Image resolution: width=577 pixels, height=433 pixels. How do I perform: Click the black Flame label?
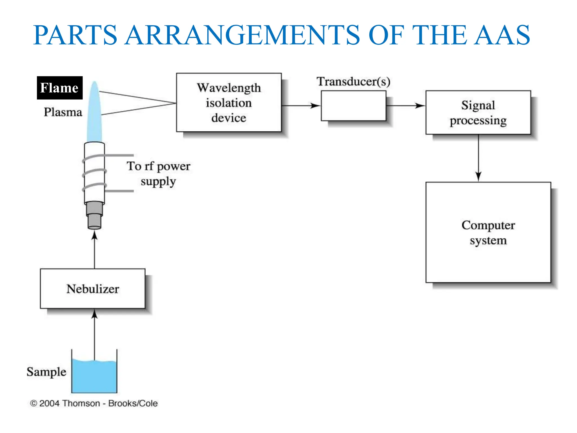click(x=59, y=88)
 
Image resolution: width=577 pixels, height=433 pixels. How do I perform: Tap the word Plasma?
click(x=63, y=112)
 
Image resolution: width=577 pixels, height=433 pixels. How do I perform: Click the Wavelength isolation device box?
click(x=229, y=103)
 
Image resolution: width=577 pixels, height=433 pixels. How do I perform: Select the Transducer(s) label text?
click(x=354, y=81)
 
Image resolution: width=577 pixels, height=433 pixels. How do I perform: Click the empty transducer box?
click(x=353, y=106)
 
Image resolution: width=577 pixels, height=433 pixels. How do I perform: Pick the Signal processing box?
click(x=478, y=112)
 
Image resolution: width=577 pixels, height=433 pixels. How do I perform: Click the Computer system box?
click(x=488, y=232)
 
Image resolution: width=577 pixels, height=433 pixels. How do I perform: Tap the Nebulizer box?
click(x=93, y=289)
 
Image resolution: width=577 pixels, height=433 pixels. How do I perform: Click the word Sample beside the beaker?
click(x=46, y=372)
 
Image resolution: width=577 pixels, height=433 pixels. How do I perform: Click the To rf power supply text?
click(x=158, y=173)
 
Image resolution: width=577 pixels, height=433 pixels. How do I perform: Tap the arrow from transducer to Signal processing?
click(x=406, y=106)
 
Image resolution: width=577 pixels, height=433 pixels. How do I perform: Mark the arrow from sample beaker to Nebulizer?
click(x=94, y=333)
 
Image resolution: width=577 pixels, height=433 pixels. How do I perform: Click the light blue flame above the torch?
click(x=94, y=113)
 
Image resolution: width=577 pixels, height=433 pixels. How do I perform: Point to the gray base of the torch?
click(x=94, y=216)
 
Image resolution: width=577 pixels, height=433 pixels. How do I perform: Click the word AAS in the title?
click(x=501, y=35)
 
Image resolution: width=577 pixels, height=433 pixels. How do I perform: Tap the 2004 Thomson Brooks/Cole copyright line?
click(x=94, y=403)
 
